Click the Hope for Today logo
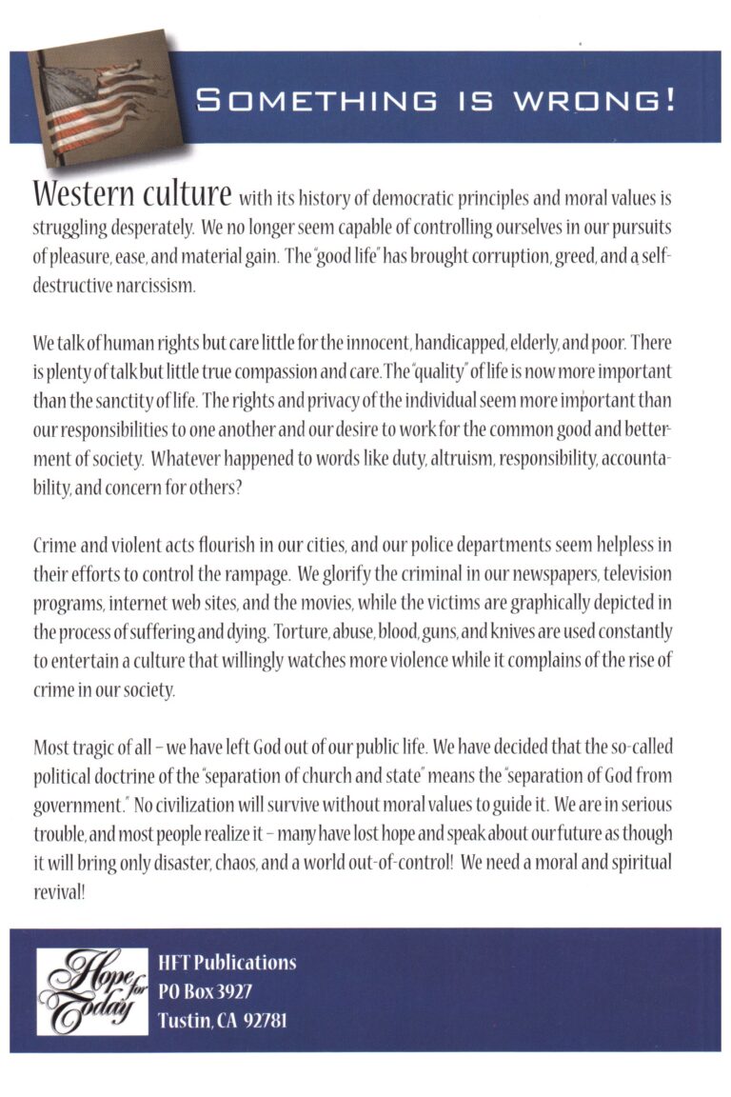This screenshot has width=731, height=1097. point(91,991)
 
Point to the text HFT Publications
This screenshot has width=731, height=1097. point(227,962)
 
